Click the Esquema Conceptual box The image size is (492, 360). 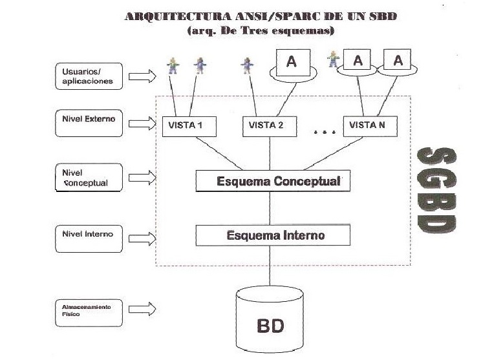272,181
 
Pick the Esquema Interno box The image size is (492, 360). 272,235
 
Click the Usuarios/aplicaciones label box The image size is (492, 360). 89,77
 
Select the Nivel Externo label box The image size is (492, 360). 89,123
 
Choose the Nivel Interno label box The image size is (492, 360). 89,234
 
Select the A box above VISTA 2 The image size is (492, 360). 292,62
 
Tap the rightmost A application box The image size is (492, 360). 398,61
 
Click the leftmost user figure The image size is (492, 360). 173,64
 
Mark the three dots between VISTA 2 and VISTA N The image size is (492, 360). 321,133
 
